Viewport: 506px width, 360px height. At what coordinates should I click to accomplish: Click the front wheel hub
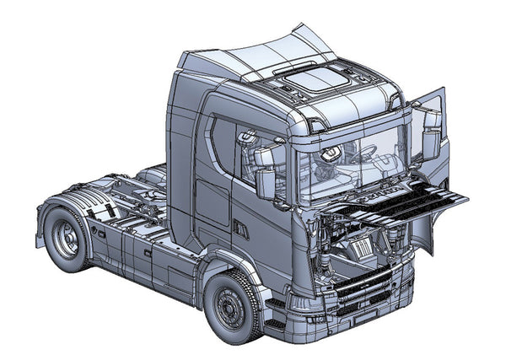point(226,307)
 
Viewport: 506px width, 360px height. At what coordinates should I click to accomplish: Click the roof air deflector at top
point(253,51)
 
